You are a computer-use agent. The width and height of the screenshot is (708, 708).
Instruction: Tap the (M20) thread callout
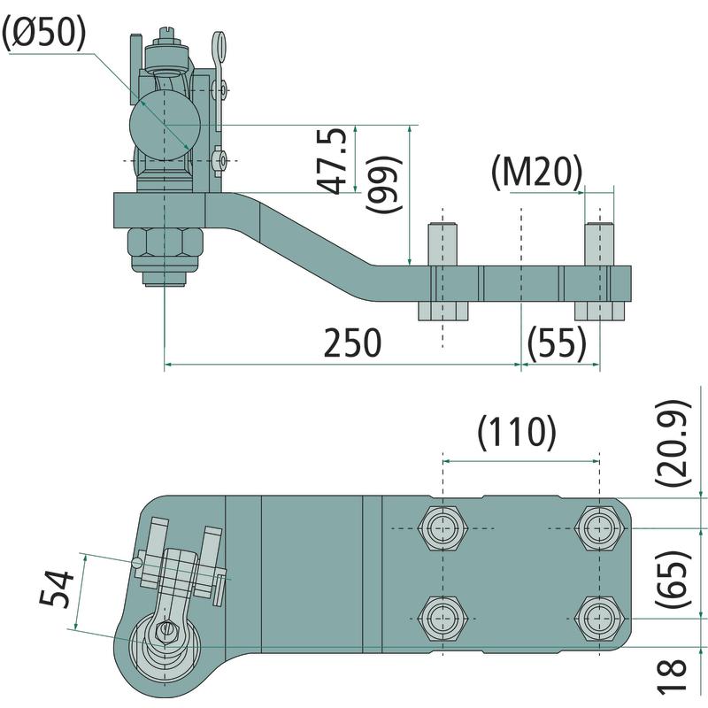[x=536, y=172]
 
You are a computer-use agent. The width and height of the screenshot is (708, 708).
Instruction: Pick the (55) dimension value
[x=557, y=342]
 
